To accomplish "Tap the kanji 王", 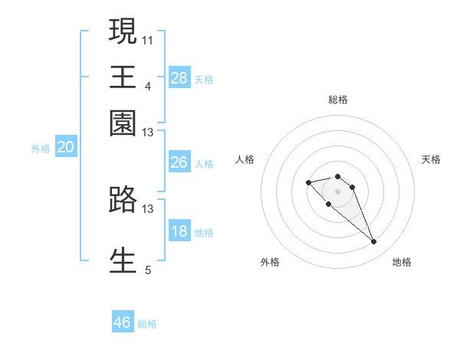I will [x=123, y=77].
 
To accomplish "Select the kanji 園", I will [x=123, y=123].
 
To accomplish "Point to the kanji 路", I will [x=123, y=199].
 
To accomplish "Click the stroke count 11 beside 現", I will [x=147, y=39].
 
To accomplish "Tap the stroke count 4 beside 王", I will [x=147, y=85].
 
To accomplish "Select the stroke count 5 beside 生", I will [x=148, y=270].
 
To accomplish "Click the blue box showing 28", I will [x=179, y=77].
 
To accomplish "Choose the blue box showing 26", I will [x=179, y=162].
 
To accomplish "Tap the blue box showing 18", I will [x=179, y=231].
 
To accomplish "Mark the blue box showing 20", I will [x=65, y=148].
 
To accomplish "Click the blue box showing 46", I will [x=123, y=322].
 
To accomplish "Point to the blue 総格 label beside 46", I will [x=147, y=324].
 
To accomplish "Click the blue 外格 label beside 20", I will [x=41, y=149].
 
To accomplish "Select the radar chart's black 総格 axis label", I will [x=337, y=100].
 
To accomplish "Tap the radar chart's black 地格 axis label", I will [x=402, y=263].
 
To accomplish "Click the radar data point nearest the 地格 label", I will [x=373, y=242].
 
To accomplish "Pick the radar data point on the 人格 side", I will [x=308, y=182].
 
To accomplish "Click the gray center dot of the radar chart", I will [x=337, y=191].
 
